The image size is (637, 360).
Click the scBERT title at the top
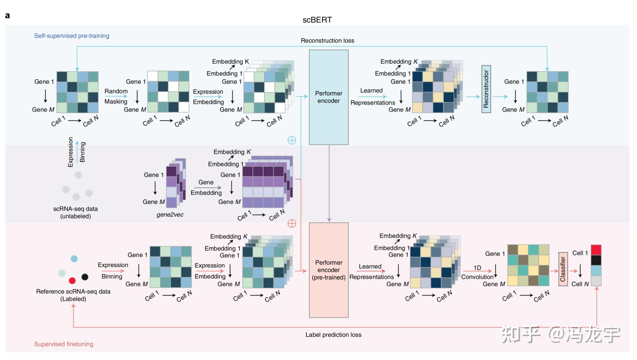pyautogui.click(x=317, y=20)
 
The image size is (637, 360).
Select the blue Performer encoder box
pyautogui.click(x=329, y=97)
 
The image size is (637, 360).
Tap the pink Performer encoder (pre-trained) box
pyautogui.click(x=329, y=270)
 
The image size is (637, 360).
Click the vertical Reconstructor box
pyautogui.click(x=486, y=89)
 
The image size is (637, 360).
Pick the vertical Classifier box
pyautogui.click(x=563, y=269)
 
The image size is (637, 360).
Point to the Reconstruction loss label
pyautogui.click(x=327, y=40)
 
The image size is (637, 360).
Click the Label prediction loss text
pyautogui.click(x=333, y=335)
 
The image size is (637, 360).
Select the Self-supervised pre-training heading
pyautogui.click(x=72, y=36)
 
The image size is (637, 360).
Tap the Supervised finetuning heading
pyautogui.click(x=64, y=344)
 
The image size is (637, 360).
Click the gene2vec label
pyautogui.click(x=170, y=215)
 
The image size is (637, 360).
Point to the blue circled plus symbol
pyautogui.click(x=292, y=140)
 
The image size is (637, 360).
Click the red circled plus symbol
pyautogui.click(x=292, y=223)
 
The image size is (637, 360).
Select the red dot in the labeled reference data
pyautogui.click(x=72, y=281)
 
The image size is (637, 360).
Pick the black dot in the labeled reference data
pyautogui.click(x=85, y=277)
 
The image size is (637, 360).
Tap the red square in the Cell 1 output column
pyautogui.click(x=596, y=250)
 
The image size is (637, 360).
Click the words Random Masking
pyautogui.click(x=116, y=96)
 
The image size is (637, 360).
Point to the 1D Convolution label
pyautogui.click(x=477, y=272)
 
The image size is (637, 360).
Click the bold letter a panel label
pyautogui.click(x=7, y=16)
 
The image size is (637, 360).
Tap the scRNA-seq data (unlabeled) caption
pyautogui.click(x=75, y=212)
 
